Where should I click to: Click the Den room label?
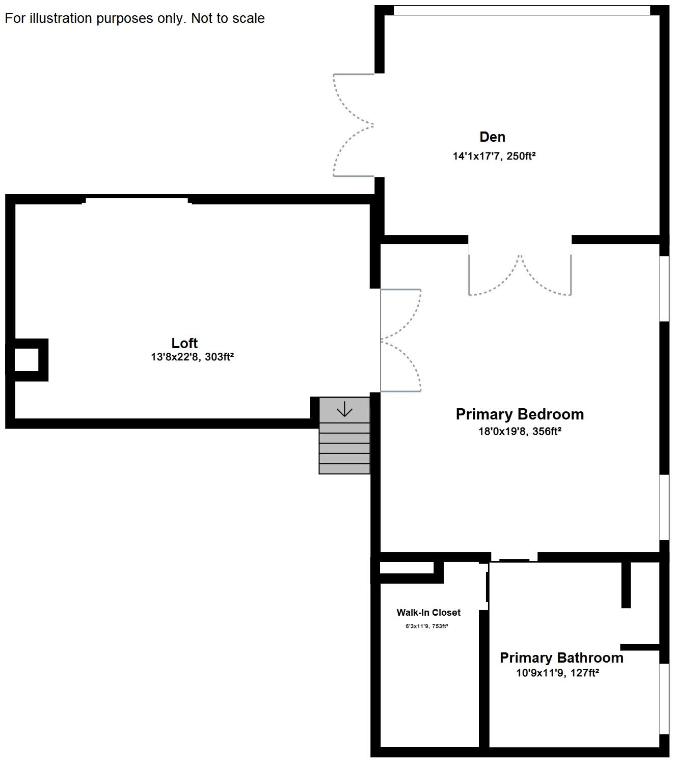[492, 137]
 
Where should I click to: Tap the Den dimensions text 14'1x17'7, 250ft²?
[494, 155]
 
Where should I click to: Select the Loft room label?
[184, 343]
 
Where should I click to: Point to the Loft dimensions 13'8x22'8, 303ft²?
[193, 356]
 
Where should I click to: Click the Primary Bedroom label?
[520, 414]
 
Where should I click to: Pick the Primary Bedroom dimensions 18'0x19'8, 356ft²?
[520, 431]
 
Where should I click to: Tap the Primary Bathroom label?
[561, 657]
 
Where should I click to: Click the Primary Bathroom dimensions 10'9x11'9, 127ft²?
[557, 673]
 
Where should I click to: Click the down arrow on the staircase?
[344, 409]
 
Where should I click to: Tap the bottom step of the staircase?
[344, 468]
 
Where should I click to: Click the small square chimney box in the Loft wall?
[26, 360]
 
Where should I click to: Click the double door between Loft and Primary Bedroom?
[400, 340]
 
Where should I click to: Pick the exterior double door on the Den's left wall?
[353, 125]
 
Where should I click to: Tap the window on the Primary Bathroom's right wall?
[664, 699]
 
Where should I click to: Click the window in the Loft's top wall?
[137, 200]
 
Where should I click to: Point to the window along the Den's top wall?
[521, 11]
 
